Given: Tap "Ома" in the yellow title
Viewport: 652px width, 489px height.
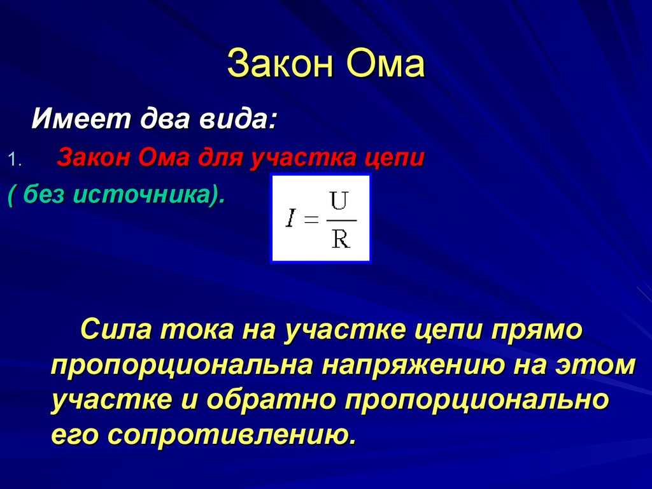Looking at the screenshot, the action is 385,64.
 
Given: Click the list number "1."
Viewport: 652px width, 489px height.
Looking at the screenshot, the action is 15,160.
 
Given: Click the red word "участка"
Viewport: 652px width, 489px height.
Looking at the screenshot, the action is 303,159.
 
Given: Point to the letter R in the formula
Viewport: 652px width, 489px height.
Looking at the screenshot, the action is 341,239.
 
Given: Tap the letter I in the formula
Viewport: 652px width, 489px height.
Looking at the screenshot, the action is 290,218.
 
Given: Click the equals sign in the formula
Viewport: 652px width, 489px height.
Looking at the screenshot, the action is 311,219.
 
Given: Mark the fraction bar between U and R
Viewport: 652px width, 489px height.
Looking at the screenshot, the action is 341,220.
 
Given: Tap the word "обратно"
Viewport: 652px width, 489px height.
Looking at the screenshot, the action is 271,400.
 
